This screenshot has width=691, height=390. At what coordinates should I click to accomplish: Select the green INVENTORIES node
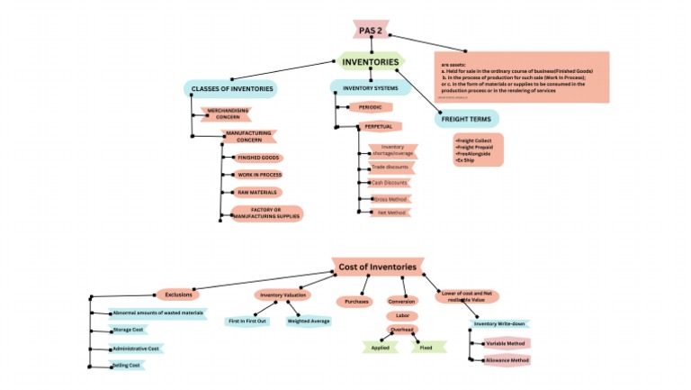click(x=370, y=62)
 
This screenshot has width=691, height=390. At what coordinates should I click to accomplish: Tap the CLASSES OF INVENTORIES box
click(x=231, y=89)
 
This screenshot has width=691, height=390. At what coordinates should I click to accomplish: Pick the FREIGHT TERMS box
click(x=466, y=119)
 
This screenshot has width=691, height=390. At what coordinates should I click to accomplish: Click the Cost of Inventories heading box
click(x=377, y=267)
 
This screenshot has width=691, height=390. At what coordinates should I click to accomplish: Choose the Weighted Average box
click(x=309, y=321)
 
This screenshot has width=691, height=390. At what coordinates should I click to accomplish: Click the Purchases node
click(x=356, y=301)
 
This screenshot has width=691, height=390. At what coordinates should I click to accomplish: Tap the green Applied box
click(x=380, y=347)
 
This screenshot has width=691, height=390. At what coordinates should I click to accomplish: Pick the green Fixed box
click(x=426, y=347)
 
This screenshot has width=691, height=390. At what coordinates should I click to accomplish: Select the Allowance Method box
click(x=507, y=360)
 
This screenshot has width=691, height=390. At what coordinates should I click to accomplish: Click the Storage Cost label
click(x=128, y=330)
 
